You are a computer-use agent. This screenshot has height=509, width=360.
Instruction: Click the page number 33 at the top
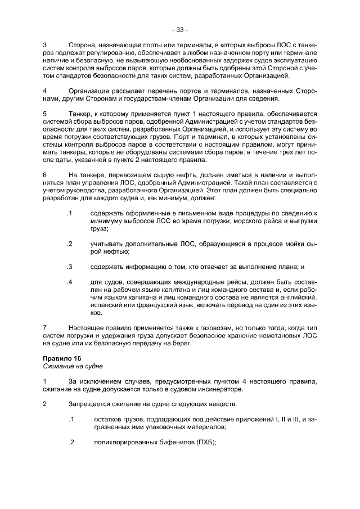point(180,29)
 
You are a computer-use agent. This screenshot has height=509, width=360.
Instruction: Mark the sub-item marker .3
point(69,267)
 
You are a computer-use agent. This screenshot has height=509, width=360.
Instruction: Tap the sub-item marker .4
point(69,282)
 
